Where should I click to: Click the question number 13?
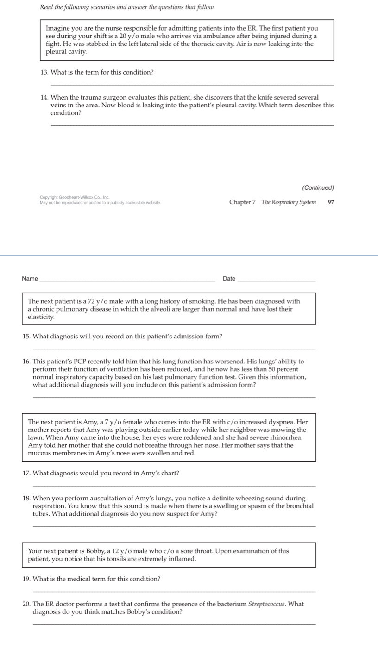(44, 72)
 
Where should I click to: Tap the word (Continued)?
(318, 187)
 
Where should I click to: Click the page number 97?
(330, 202)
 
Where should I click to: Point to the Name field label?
(30, 279)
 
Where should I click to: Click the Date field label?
(229, 279)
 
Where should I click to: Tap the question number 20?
(26, 604)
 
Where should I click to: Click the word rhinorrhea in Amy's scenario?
(287, 437)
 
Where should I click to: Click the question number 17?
(26, 473)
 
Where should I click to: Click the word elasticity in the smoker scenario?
(41, 317)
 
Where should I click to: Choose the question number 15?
(26, 337)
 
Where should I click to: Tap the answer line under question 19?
(174, 591)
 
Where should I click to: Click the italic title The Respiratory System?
(289, 202)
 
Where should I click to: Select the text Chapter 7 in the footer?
(242, 202)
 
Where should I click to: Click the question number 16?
(26, 362)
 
